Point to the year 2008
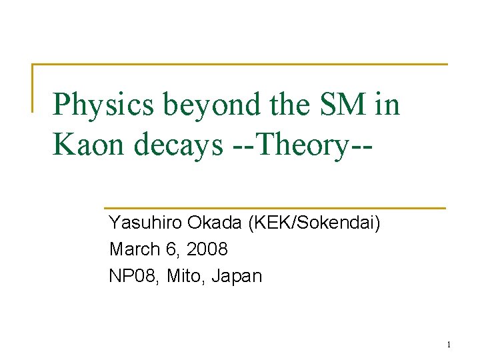pyautogui.click(x=207, y=249)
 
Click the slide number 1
pyautogui.click(x=449, y=345)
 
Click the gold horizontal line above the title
pyautogui.click(x=240, y=65)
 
